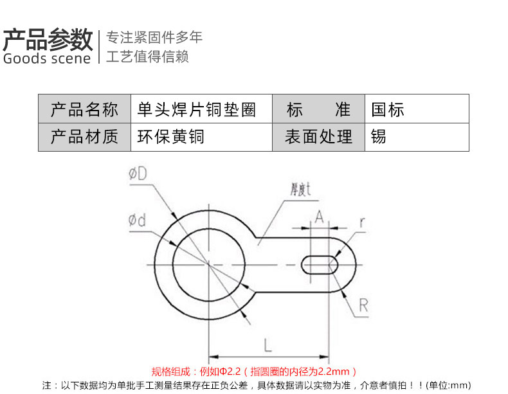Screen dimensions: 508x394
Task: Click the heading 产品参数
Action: pos(48,39)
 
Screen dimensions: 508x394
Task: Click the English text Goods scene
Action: pos(47,58)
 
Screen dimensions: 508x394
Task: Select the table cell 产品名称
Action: pos(84,109)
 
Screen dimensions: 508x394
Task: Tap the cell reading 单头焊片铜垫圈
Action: pos(201,109)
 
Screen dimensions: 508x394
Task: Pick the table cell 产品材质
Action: pos(84,137)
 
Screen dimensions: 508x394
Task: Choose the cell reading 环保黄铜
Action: pos(201,137)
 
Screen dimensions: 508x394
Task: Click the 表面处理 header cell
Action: pos(318,137)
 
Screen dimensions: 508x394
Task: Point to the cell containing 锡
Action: pos(417,137)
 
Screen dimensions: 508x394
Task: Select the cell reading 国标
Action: pos(417,109)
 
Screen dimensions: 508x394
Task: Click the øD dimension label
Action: pos(138,174)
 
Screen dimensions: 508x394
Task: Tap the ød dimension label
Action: pos(137,220)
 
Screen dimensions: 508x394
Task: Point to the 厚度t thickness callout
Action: pos(300,190)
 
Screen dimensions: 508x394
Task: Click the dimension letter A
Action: pos(320,217)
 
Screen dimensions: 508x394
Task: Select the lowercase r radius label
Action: pos(362,222)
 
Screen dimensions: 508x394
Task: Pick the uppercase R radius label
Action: pos(363,305)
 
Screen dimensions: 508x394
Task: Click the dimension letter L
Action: pos(268,345)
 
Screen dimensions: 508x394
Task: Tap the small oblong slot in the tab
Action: pos(320,265)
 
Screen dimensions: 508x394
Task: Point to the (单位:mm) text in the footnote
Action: pos(448,385)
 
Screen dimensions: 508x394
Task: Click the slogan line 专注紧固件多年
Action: pos(154,37)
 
